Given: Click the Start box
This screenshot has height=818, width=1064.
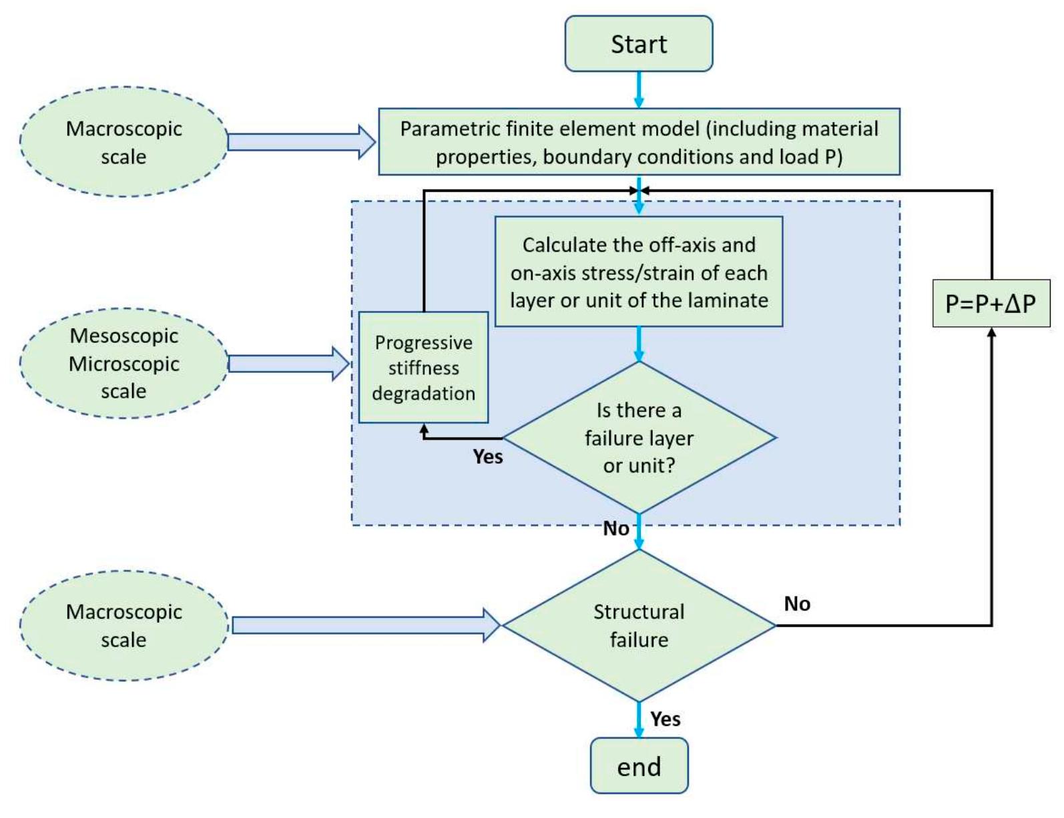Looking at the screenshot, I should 638,44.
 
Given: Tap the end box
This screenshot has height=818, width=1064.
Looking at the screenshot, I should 638,766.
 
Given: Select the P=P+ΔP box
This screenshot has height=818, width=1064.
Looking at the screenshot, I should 991,304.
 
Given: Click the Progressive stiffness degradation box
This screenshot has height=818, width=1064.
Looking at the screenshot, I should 423,368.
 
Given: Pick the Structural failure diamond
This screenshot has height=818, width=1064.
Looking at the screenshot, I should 638,625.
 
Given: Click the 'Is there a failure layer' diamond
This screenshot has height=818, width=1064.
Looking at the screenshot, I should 638,438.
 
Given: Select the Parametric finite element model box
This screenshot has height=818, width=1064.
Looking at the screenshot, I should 638,142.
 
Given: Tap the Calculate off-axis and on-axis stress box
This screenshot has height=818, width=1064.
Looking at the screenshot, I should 638,272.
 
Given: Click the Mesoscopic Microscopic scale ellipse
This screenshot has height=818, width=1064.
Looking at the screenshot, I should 124,364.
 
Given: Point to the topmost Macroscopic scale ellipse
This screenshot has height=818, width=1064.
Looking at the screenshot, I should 124,142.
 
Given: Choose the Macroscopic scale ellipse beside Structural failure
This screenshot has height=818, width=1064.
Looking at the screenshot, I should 124,625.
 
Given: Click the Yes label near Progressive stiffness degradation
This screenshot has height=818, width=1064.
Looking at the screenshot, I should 487,457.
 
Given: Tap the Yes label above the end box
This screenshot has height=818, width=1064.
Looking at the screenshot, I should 665,719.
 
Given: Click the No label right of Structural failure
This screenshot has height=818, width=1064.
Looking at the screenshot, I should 796,604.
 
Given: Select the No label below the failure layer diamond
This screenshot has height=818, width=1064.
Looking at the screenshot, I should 615,529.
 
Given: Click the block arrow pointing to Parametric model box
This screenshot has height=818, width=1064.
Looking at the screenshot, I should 302,142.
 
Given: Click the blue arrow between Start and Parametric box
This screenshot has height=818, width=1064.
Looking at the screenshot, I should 638,89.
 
